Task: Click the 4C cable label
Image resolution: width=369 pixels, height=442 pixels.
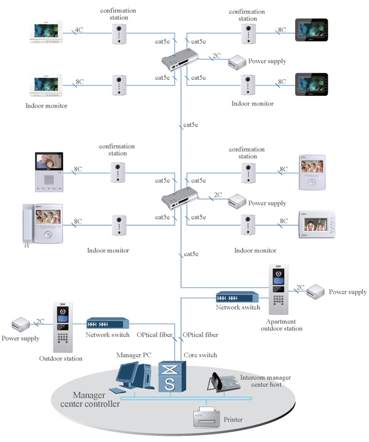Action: coord(79,30)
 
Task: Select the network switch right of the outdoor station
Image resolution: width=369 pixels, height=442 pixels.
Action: coord(107,323)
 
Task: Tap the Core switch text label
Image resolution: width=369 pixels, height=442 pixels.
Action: coord(200,355)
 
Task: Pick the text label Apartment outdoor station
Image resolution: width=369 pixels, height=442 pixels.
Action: coord(281,325)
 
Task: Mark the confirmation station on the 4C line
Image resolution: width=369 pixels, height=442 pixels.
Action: coord(120,34)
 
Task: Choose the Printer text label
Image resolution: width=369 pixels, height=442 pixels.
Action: coord(233,419)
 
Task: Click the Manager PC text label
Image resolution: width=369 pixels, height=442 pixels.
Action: coord(132,355)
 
